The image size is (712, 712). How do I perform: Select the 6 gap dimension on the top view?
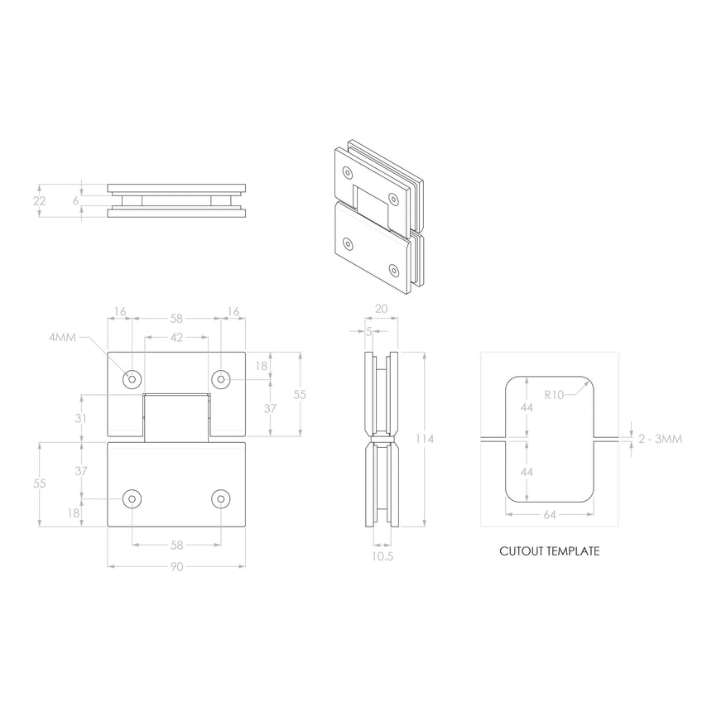tap(75, 200)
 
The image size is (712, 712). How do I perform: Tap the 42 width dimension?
tap(176, 337)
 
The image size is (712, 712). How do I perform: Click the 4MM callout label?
tap(63, 337)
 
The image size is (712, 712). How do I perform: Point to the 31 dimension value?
tap(80, 419)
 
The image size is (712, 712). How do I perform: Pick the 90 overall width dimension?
tap(176, 566)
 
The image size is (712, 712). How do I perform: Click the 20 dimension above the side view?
tap(381, 308)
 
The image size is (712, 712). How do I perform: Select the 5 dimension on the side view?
tap(368, 332)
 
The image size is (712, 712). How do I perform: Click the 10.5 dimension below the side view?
tap(382, 557)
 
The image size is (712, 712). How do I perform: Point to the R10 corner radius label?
tap(554, 395)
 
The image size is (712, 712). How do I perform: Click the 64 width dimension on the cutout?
tap(550, 514)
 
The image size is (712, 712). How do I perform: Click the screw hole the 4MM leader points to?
tap(131, 379)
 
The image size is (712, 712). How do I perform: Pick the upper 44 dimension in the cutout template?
tap(527, 408)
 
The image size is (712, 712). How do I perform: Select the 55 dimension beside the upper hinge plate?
tap(300, 395)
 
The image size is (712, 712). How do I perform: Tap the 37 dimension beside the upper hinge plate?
tap(270, 409)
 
